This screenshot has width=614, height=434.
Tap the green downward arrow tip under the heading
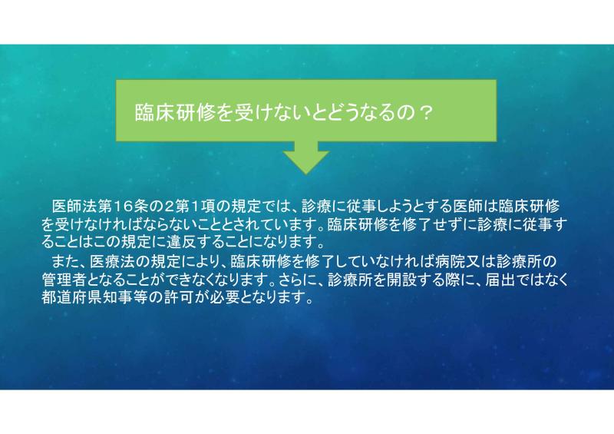306,174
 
